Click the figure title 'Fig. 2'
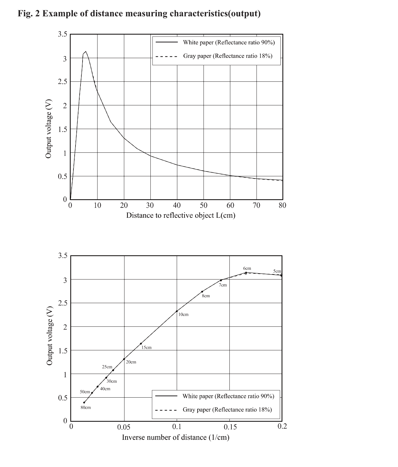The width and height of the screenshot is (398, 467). tap(29, 13)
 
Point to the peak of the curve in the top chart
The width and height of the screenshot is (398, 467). tap(85, 51)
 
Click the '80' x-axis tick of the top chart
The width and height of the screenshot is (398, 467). tap(282, 205)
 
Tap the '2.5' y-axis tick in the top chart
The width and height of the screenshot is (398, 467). tap(62, 82)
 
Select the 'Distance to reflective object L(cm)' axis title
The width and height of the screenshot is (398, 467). tap(181, 215)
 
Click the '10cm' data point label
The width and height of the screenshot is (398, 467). tap(183, 315)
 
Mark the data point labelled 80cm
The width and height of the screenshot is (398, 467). tap(84, 402)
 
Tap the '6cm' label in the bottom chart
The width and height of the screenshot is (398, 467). tap(247, 268)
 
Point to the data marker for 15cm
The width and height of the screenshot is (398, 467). tap(141, 344)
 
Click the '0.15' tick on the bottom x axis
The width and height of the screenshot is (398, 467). tap(230, 427)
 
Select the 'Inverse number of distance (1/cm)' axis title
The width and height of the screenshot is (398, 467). tap(176, 437)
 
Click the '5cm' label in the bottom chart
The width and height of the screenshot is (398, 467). tap(277, 271)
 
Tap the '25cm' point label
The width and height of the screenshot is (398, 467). tap(107, 367)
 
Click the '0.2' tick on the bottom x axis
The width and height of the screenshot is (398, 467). tap(282, 426)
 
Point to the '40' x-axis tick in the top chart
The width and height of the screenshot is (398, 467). tap(177, 205)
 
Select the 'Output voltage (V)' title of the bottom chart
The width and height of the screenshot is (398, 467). tap(50, 336)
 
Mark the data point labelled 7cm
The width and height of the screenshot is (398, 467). tap(221, 280)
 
